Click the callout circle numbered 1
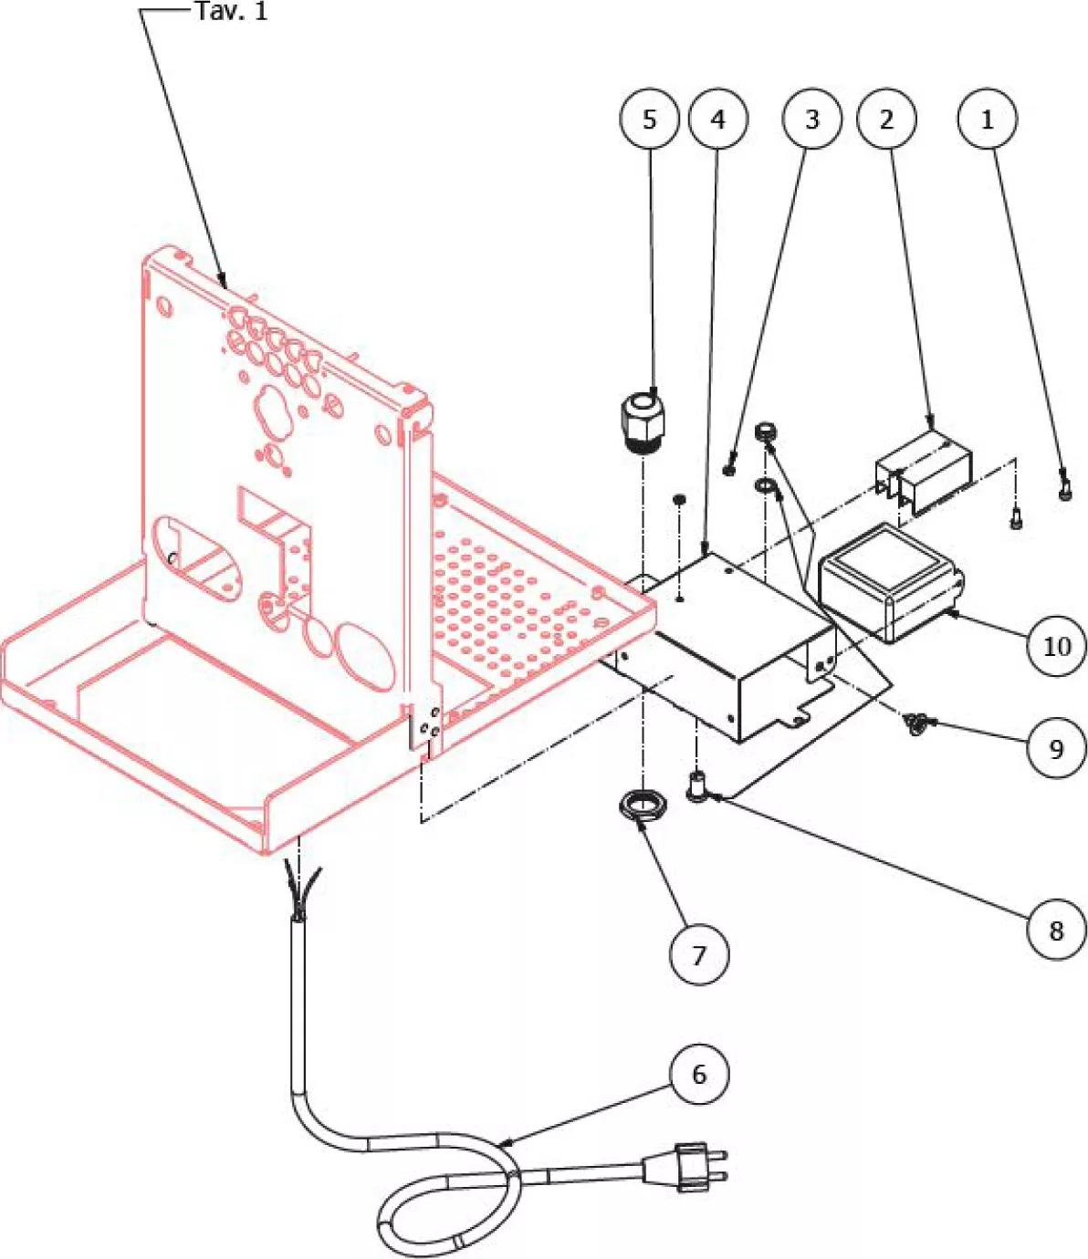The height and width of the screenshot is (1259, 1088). [x=987, y=119]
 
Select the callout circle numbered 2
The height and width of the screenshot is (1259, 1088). [x=886, y=119]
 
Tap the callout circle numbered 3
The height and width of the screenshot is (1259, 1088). [x=812, y=119]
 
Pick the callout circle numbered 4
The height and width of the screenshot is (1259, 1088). [x=718, y=119]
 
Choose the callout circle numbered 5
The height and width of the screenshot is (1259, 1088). [x=649, y=119]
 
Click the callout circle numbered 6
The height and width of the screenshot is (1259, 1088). [x=699, y=1074]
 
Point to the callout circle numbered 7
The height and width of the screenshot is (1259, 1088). [x=699, y=954]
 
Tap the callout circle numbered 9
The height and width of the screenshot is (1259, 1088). [x=1056, y=748]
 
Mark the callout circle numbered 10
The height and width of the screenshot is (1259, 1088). [x=1056, y=646]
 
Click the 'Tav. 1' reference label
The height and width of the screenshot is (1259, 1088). [x=232, y=12]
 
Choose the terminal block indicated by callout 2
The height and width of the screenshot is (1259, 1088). [x=923, y=470]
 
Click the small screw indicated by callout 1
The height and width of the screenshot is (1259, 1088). [x=1064, y=485]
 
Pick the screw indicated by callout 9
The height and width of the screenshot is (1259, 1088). [x=915, y=725]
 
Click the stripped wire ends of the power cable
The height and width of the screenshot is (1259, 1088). [x=302, y=890]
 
